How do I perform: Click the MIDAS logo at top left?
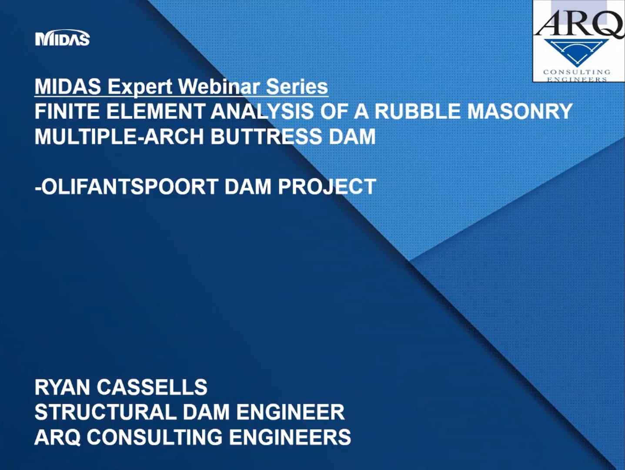tap(62, 39)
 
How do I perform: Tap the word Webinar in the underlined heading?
tap(219, 87)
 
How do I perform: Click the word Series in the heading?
tap(297, 87)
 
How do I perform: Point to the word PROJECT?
tap(327, 187)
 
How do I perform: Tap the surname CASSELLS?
tap(152, 387)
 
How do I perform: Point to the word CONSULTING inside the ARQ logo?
tap(577, 72)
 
